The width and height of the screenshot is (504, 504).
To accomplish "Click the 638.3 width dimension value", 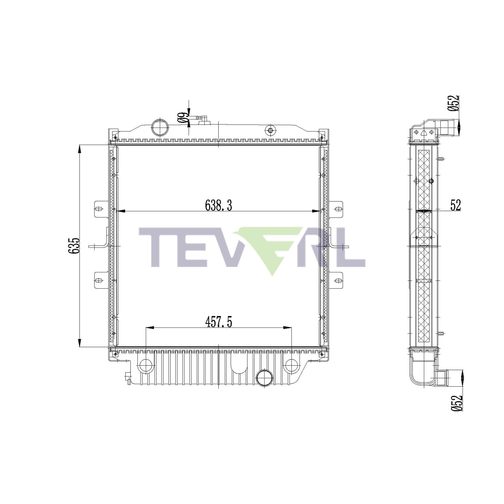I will point(218,205).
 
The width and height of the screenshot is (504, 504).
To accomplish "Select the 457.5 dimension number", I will point(218,323).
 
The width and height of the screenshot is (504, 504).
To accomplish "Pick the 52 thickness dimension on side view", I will point(455,205).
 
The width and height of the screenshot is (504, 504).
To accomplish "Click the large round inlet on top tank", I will point(160,127).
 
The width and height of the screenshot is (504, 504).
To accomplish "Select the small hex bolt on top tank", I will point(270,130).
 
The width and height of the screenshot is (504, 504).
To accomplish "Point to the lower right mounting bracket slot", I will point(338,280).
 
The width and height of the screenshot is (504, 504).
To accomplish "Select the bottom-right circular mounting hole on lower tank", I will point(291,365).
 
